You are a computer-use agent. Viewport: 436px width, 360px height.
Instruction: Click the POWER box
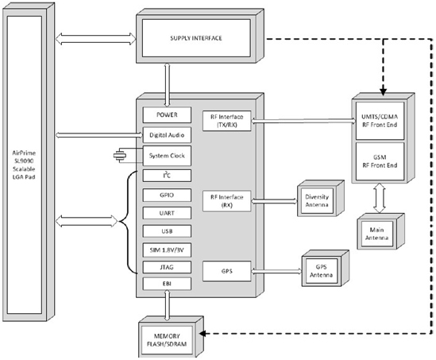coord(167,114)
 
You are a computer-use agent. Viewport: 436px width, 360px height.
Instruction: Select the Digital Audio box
coord(167,135)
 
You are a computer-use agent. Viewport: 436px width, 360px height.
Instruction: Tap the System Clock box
coord(167,156)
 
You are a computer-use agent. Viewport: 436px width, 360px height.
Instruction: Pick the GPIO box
coord(167,195)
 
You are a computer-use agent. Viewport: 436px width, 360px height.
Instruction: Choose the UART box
coord(167,213)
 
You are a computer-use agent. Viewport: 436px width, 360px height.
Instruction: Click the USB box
coord(167,231)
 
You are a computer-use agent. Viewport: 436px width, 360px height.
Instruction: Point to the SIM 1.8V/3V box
coord(167,250)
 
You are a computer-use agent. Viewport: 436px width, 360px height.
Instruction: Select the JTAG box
coord(167,267)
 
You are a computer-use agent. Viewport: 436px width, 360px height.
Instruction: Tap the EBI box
coord(167,284)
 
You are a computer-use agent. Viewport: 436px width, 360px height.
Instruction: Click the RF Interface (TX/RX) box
coord(227,121)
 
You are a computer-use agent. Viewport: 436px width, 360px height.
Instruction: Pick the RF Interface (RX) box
coord(227,201)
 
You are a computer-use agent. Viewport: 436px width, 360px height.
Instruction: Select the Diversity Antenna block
coord(321,199)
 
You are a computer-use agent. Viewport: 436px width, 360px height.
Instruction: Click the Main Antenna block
coord(380,231)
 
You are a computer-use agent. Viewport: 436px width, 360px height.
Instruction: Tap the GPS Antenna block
coord(326,268)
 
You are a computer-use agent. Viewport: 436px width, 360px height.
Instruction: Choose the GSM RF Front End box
coord(380,161)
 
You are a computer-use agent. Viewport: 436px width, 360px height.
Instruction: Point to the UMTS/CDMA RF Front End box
coord(380,121)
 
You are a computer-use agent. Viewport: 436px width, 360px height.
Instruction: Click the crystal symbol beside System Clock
coord(120,156)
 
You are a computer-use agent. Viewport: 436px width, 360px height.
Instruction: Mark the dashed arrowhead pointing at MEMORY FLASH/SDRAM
coord(203,333)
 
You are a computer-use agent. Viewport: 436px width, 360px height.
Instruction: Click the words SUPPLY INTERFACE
coord(196,38)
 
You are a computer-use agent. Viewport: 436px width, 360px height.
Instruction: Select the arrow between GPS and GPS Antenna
coord(276,271)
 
